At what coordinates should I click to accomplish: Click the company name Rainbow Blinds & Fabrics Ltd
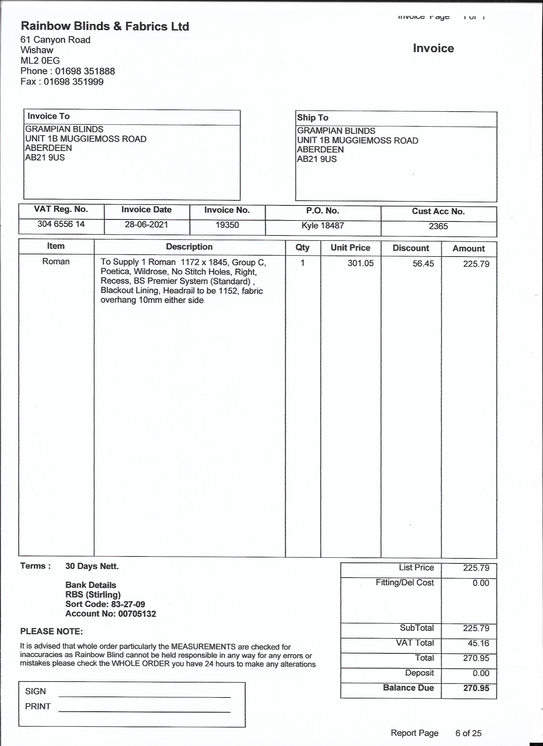(105, 26)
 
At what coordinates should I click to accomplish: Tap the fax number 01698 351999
(73, 82)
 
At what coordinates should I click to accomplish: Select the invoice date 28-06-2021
(146, 225)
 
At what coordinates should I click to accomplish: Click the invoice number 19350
(227, 225)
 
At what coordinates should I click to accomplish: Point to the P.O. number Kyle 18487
(323, 226)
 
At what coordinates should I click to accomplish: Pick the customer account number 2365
(438, 226)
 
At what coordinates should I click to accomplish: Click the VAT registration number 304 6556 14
(61, 224)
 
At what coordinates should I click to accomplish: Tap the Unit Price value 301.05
(361, 264)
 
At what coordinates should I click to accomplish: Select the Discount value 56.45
(423, 264)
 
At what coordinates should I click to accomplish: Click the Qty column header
(302, 248)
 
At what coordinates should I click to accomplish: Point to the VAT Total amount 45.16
(478, 643)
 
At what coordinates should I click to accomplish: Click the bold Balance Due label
(408, 688)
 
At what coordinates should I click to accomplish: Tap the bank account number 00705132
(137, 614)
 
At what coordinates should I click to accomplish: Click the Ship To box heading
(312, 118)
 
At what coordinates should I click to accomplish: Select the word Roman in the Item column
(56, 262)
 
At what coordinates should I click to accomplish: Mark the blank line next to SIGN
(144, 696)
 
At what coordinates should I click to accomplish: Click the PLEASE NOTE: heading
(51, 631)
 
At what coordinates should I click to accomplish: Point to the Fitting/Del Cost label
(405, 583)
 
